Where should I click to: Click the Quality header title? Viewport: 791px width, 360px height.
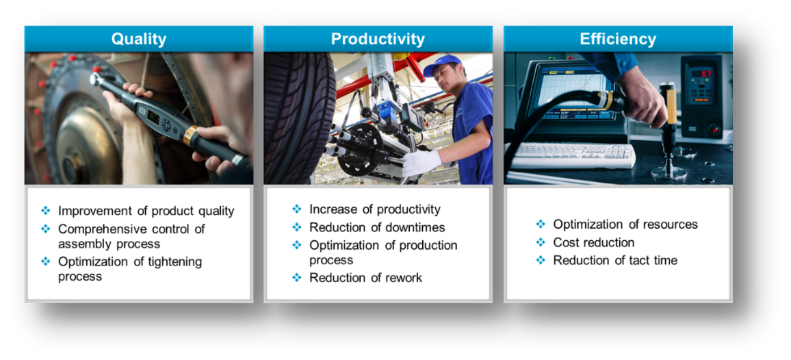coord(139,39)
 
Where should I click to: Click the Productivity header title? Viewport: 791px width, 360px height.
coord(378,39)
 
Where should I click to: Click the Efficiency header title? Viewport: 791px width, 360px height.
coord(618,39)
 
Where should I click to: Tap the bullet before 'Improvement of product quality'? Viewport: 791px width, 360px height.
coord(46,210)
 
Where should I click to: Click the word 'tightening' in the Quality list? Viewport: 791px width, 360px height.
coord(172,261)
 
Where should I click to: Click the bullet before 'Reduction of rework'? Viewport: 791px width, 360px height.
coord(297,277)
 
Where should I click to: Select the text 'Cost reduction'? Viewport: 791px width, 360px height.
coord(594,242)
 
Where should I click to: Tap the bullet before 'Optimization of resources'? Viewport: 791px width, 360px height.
coord(541,224)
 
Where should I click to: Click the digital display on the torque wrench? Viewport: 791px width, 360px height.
coord(153,118)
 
